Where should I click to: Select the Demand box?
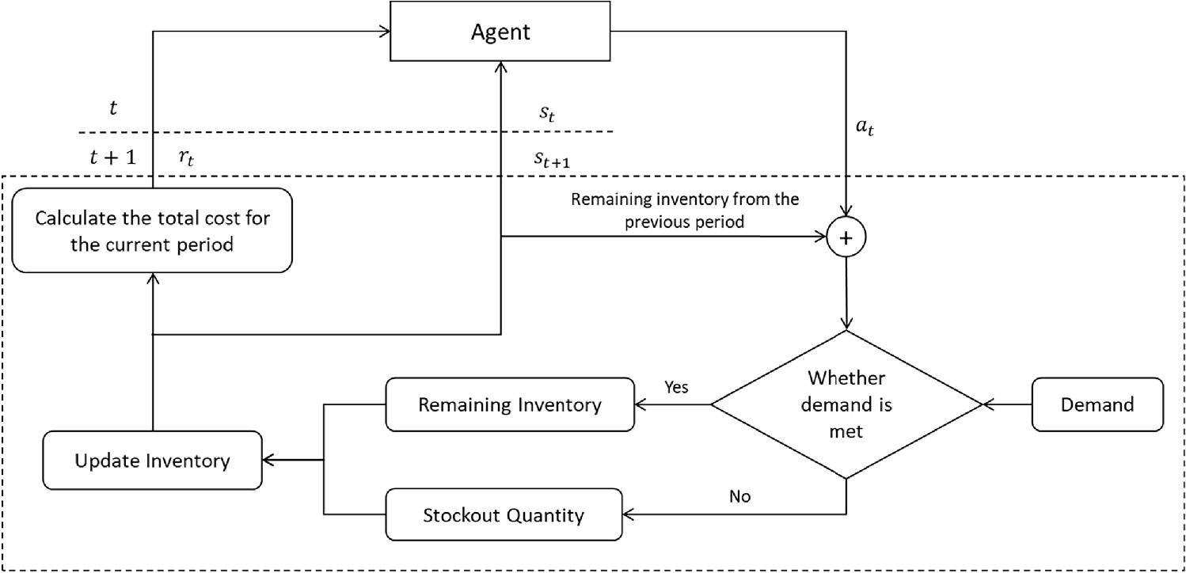point(1097,404)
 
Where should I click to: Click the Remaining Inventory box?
point(510,404)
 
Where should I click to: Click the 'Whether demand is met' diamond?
point(847,404)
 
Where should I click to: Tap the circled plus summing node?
point(847,236)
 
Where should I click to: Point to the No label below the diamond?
point(739,497)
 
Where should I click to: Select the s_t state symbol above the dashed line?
point(548,113)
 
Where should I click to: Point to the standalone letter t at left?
point(113,109)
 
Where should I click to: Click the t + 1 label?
point(112,157)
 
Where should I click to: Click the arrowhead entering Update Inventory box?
point(268,460)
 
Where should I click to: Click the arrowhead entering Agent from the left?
point(386,32)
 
